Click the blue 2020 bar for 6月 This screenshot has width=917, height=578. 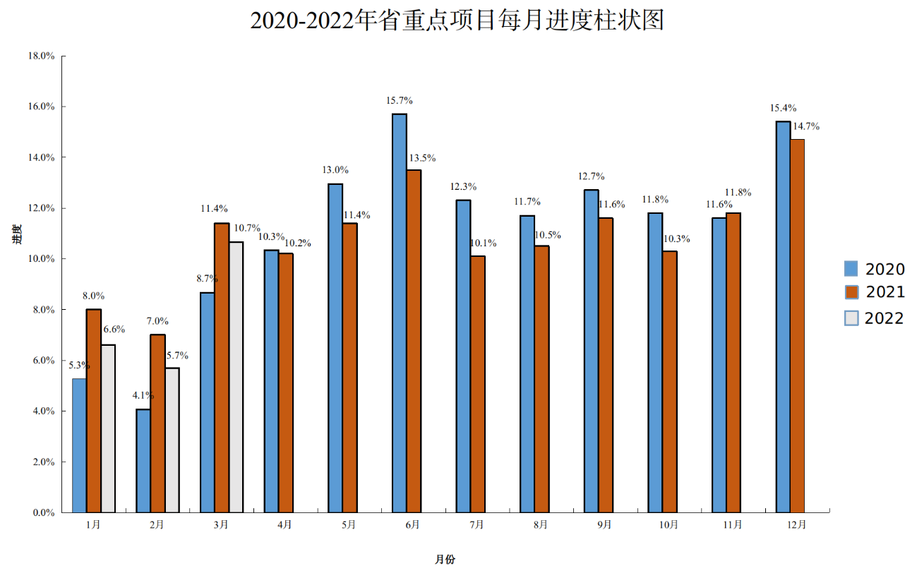(399, 313)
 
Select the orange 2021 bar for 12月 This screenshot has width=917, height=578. (797, 325)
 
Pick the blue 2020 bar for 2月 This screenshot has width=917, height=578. (143, 460)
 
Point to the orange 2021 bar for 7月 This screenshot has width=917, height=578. (477, 384)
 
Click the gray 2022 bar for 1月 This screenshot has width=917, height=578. (108, 428)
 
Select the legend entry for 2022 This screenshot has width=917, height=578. (874, 318)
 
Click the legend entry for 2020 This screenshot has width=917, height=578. (874, 269)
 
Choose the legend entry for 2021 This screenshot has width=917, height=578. (874, 292)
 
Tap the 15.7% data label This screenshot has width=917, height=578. (399, 101)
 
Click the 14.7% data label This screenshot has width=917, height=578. (805, 126)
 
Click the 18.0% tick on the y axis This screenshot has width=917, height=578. (42, 56)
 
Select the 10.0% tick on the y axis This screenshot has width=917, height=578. (42, 259)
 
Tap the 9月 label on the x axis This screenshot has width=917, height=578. (604, 525)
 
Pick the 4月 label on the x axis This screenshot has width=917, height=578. (284, 525)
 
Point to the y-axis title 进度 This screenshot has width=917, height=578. (17, 234)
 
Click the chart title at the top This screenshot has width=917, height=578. (457, 20)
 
